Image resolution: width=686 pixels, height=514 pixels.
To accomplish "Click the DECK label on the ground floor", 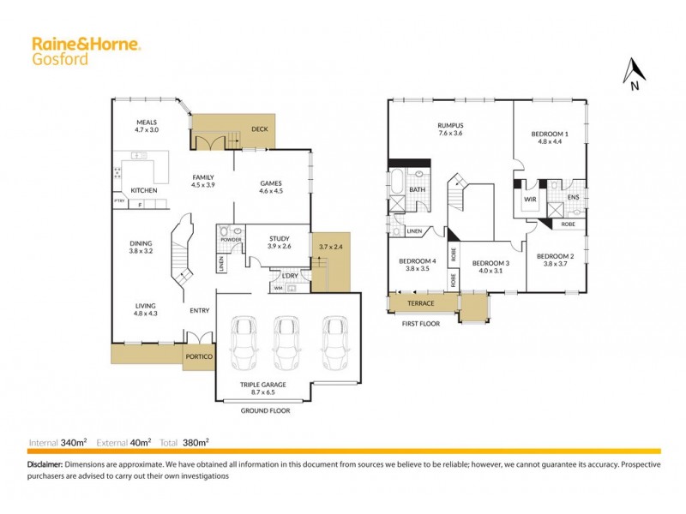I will (x=258, y=129).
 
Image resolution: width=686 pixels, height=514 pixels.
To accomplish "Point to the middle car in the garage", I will (x=285, y=343).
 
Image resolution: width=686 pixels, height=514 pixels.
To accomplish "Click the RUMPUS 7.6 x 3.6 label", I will (x=450, y=129).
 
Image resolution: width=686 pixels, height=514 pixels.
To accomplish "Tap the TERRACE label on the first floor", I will (x=421, y=304).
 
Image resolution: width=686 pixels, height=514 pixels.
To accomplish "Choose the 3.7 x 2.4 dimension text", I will (x=330, y=246).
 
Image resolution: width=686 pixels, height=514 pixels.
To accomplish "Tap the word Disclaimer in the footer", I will (x=45, y=464).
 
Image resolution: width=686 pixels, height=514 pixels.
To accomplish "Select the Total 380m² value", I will (x=196, y=443).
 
